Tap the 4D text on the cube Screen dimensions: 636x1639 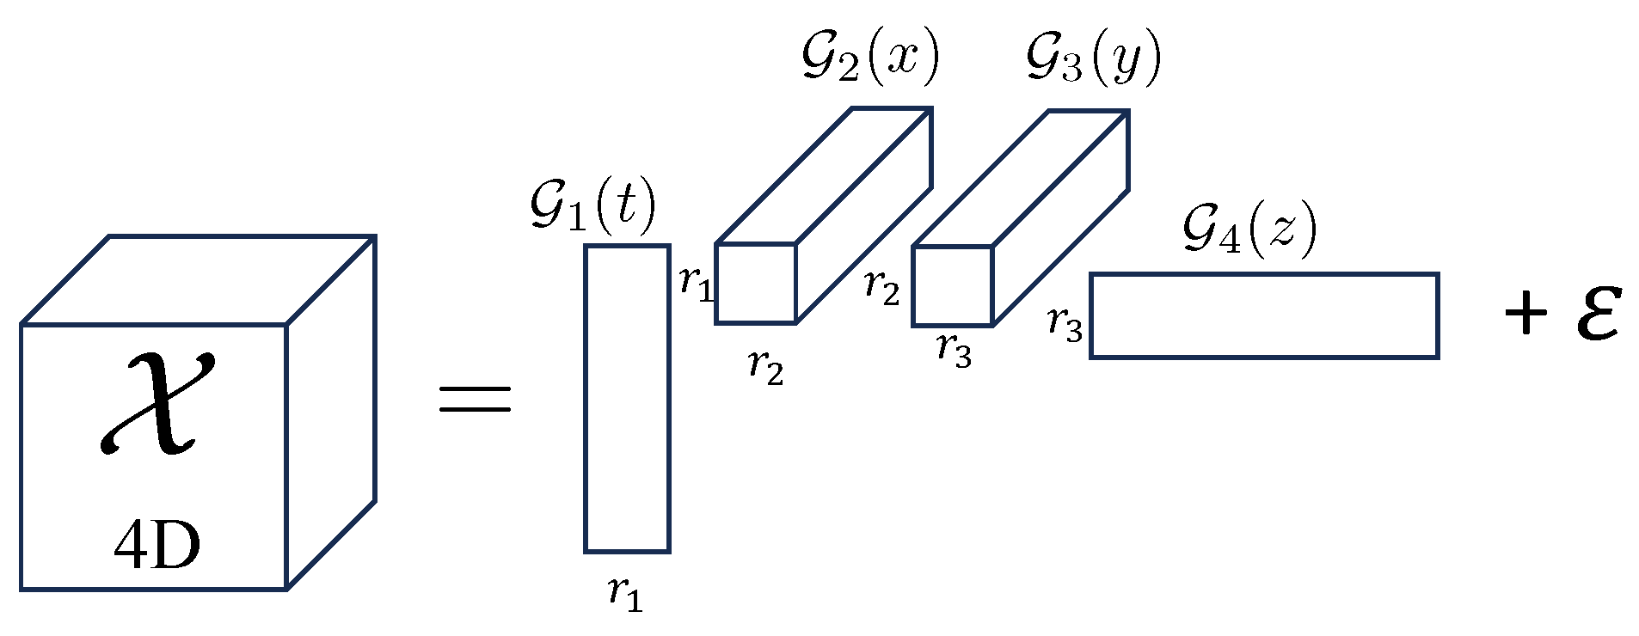tap(157, 546)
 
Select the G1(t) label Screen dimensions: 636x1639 tap(593, 206)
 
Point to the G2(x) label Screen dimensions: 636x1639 tap(870, 58)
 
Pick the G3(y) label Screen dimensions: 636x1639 tap(1093, 58)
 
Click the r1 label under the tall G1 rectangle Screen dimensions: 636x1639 tap(625, 592)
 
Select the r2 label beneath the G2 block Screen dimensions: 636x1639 tap(765, 366)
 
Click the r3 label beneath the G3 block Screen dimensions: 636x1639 tap(955, 349)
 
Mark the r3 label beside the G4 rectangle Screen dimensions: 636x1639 tap(1065, 324)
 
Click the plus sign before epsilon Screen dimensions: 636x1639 tap(1526, 313)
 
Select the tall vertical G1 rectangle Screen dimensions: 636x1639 tap(628, 398)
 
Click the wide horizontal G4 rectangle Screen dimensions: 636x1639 tap(1264, 315)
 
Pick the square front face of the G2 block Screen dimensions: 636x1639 tap(756, 284)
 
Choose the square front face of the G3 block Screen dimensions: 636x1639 tap(953, 286)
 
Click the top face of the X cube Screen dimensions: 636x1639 tap(198, 279)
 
